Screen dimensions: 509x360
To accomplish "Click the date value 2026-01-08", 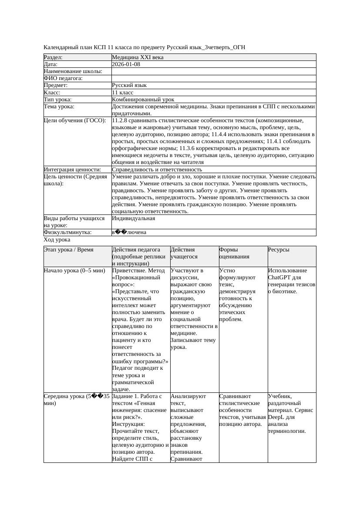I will [x=126, y=64].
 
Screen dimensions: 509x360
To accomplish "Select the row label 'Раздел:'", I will [x=53, y=57].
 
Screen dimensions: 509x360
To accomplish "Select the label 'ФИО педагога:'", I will [x=64, y=78].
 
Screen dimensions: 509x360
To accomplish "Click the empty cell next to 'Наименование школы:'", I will [x=213, y=71].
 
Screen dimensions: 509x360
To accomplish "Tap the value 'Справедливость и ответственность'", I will [x=157, y=170].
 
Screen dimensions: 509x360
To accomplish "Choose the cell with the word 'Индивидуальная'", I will [x=133, y=218].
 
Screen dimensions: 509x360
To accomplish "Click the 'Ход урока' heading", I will [x=57, y=240].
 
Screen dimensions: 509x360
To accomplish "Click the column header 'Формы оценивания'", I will [x=234, y=253].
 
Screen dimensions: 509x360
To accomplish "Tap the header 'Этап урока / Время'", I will [x=71, y=250].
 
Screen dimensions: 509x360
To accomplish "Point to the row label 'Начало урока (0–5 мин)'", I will [x=74, y=271].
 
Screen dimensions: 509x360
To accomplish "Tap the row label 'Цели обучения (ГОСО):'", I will [x=75, y=121].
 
